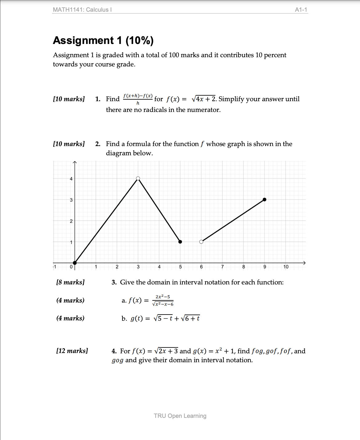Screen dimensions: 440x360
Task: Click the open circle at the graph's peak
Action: click(138, 178)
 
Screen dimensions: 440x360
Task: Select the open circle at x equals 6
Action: click(201, 242)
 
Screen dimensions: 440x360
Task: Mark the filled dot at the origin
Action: click(75, 263)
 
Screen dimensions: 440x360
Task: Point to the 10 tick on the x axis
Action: click(286, 267)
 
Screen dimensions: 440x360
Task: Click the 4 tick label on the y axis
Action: click(71, 179)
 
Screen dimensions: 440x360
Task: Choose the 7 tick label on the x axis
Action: click(222, 267)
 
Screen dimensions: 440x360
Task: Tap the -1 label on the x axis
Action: click(54, 267)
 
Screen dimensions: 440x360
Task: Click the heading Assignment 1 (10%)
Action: click(103, 40)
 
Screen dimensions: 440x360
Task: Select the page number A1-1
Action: click(301, 10)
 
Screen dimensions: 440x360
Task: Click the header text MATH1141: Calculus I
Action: click(82, 10)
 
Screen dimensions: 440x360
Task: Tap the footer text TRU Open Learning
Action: click(180, 416)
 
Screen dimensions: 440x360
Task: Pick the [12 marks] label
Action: click(72, 351)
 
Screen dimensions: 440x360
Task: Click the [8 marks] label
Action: click(70, 282)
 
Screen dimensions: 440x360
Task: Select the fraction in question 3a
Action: click(163, 300)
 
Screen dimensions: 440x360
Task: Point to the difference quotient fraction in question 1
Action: click(138, 99)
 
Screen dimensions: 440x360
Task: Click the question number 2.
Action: click(98, 144)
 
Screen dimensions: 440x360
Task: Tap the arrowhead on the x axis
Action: click(304, 263)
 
